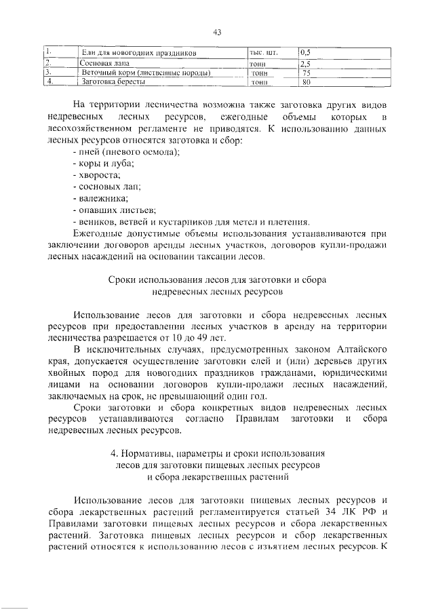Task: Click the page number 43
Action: click(x=217, y=32)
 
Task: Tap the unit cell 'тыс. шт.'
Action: click(x=263, y=52)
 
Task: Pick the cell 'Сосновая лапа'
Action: click(x=102, y=62)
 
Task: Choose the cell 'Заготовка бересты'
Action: click(x=113, y=81)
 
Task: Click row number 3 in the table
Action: click(x=48, y=72)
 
